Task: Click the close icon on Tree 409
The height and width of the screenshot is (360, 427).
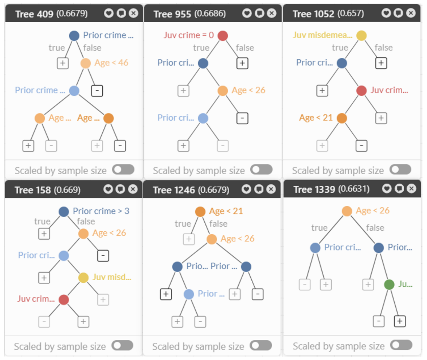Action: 134,13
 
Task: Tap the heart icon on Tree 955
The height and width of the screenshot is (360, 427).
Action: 247,13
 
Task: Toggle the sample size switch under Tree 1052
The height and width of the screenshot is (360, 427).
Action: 400,170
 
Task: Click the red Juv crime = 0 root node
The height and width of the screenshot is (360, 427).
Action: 223,35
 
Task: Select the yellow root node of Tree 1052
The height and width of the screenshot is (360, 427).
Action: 361,35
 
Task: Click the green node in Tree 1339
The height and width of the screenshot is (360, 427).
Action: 389,284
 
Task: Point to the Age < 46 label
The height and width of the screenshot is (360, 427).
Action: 111,63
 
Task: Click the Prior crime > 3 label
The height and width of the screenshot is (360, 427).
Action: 101,211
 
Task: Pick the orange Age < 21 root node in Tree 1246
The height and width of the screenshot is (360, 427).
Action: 200,212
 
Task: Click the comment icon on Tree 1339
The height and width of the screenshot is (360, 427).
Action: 399,188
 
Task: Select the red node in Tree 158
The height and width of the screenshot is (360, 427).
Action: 64,300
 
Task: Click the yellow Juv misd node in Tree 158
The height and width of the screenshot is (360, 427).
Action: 83,278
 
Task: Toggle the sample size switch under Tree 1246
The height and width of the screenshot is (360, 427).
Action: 261,345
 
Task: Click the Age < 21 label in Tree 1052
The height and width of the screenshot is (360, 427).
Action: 316,118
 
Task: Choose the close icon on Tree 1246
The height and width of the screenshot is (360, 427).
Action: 271,189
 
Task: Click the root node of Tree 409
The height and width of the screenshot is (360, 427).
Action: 74,35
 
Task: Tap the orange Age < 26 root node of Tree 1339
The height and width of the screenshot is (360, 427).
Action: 347,211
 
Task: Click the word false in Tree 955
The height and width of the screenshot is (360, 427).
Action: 245,48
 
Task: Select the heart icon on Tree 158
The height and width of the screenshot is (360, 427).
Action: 108,189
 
